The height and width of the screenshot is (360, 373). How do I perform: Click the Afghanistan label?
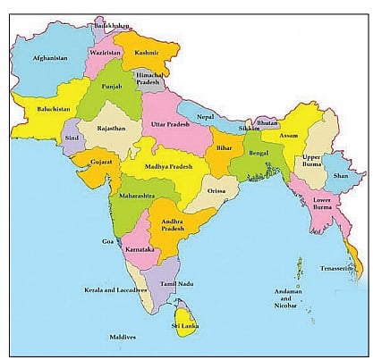pyautogui.click(x=50, y=58)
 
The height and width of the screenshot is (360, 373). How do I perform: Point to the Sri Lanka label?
pyautogui.click(x=185, y=327)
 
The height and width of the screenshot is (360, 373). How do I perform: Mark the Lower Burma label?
pyautogui.click(x=328, y=206)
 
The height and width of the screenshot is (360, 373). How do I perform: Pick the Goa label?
pyautogui.click(x=108, y=241)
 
